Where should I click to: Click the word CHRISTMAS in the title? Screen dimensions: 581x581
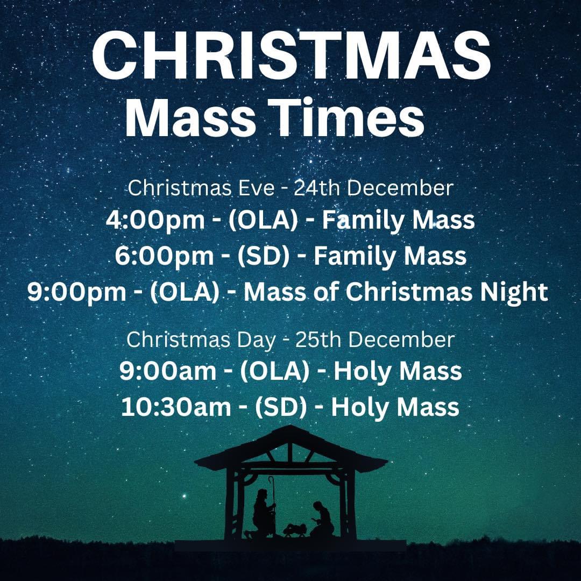[x=291, y=55]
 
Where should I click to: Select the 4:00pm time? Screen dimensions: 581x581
[x=155, y=220]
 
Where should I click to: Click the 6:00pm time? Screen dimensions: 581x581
[x=164, y=256]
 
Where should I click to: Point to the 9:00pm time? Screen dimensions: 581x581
[x=77, y=292]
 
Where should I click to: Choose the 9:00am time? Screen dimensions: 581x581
[x=168, y=371]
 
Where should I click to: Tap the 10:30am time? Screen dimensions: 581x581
[x=176, y=407]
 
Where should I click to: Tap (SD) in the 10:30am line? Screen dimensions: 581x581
[x=281, y=407]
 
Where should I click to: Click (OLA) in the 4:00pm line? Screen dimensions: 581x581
[x=264, y=220]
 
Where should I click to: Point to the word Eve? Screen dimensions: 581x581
[x=256, y=188]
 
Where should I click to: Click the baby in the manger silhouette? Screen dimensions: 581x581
[x=295, y=529]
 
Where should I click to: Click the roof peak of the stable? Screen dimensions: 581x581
[x=290, y=426]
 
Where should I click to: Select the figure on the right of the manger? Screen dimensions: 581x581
[x=322, y=520]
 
